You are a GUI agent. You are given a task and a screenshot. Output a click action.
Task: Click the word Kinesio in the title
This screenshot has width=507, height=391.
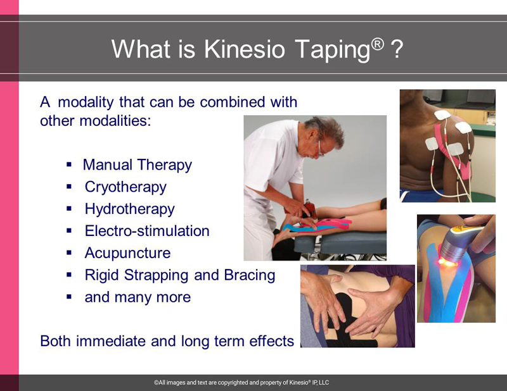tap(244, 49)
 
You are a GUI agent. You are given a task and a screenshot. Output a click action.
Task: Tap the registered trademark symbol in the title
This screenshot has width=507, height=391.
tap(378, 44)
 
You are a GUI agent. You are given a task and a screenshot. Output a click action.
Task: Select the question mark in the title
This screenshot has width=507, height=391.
tap(397, 49)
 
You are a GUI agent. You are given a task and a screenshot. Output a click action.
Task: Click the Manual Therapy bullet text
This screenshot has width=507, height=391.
tap(138, 165)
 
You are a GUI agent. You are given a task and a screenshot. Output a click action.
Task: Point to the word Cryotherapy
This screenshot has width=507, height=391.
tap(125, 187)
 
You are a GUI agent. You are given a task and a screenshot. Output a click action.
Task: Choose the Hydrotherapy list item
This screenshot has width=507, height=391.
tap(129, 209)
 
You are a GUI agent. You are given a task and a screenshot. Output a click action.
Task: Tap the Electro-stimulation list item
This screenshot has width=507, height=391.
tap(147, 231)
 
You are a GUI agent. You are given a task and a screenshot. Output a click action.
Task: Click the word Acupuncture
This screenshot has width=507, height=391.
tap(127, 253)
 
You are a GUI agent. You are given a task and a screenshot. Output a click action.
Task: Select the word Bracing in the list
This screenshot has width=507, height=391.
tap(249, 275)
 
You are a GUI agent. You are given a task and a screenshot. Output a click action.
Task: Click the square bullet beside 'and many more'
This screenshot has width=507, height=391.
tap(69, 297)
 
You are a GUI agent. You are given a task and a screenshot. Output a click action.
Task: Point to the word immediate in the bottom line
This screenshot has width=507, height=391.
tap(110, 341)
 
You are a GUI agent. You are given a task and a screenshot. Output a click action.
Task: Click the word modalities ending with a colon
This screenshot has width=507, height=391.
tap(115, 121)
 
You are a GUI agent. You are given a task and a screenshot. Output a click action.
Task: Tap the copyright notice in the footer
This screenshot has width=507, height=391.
tap(241, 383)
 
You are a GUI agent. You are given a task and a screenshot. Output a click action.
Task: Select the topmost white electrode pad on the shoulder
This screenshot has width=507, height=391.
tap(442, 115)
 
